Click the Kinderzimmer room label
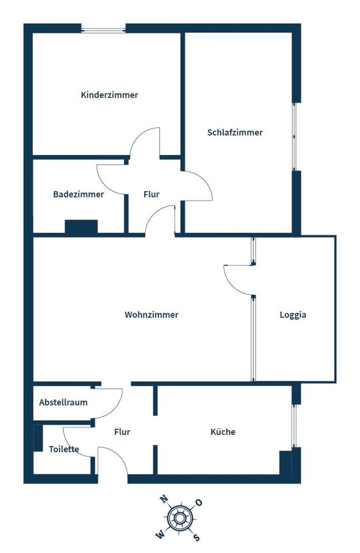[109, 95]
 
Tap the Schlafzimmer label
[235, 132]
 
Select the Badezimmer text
[78, 194]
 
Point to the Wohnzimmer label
[151, 315]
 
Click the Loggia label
[293, 315]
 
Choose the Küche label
[223, 431]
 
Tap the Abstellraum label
[63, 403]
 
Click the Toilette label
[64, 449]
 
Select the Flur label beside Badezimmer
[151, 194]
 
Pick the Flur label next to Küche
[122, 431]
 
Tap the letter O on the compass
[199, 502]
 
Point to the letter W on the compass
[160, 535]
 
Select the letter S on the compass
[196, 538]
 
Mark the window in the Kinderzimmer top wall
[103, 28]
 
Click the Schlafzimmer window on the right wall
[295, 137]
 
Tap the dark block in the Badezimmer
[81, 226]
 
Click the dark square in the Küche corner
[286, 463]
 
